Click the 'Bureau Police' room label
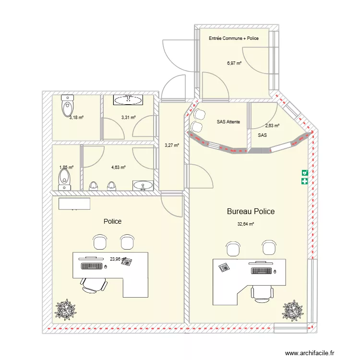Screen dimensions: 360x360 click(x=251, y=211)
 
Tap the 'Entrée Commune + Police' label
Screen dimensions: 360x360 click(x=234, y=38)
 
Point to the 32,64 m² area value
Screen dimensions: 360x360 click(x=246, y=224)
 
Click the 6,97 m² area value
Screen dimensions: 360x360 click(x=234, y=63)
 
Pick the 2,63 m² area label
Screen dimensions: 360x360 click(x=272, y=126)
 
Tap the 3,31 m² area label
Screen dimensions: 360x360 click(x=128, y=117)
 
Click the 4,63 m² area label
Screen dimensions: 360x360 click(x=118, y=168)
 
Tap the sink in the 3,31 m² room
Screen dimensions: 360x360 click(x=128, y=100)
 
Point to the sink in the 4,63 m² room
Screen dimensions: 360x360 click(x=143, y=185)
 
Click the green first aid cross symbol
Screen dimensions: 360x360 click(x=304, y=181)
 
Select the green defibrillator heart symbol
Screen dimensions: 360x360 click(x=304, y=172)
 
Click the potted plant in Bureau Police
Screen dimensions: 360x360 click(x=292, y=310)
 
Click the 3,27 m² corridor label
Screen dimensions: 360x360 click(x=171, y=145)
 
